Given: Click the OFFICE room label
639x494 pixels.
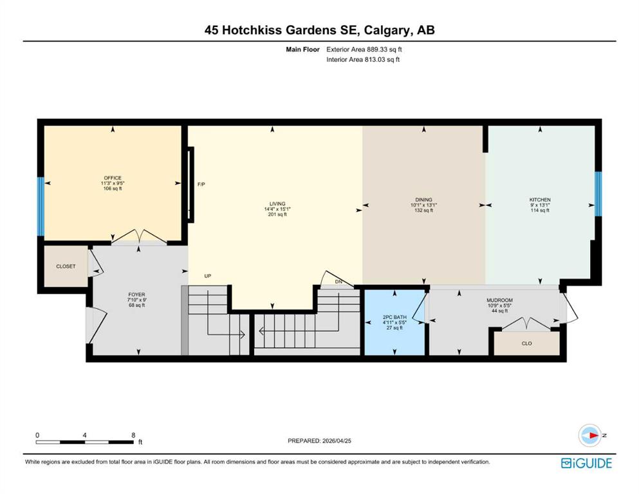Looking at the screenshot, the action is click(113, 178).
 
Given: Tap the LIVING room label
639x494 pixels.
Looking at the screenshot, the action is click(277, 204).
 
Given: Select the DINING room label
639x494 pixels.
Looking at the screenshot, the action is click(424, 199).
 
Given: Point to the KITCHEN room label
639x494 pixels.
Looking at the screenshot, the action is click(540, 199).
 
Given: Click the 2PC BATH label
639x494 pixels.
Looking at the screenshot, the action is click(394, 317).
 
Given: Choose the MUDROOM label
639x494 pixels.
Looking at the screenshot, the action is click(499, 300).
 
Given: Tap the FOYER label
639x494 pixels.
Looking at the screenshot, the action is click(136, 295).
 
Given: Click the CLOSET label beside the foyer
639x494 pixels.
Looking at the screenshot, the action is click(66, 266).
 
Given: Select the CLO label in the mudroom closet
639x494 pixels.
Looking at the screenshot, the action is click(526, 343).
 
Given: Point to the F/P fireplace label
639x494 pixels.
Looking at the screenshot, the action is click(201, 185).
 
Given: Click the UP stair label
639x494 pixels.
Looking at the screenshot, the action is click(208, 276).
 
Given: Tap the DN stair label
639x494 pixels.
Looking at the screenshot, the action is click(338, 282).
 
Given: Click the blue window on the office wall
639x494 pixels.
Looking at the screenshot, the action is click(41, 206).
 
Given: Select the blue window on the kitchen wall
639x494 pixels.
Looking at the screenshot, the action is click(598, 194).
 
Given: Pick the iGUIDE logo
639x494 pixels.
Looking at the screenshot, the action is click(586, 463).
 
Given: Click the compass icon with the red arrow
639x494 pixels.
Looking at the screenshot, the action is click(590, 435).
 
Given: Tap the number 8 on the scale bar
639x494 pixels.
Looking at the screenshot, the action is click(133, 435).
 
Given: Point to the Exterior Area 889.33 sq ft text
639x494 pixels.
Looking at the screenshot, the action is click(364, 50).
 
